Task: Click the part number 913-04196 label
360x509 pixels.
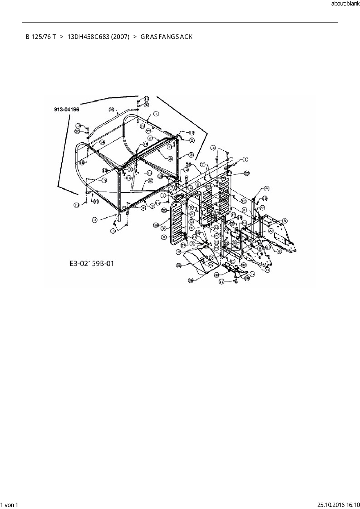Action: (66, 109)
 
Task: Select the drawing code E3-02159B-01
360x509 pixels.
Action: (92, 263)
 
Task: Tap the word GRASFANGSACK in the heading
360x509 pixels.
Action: (166, 37)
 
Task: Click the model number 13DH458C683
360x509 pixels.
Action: (88, 37)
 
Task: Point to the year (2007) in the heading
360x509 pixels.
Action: (120, 37)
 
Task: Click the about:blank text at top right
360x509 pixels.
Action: (345, 4)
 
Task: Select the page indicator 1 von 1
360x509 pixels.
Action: (10, 505)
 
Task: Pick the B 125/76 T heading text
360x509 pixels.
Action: (41, 37)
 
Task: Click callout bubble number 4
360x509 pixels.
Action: (267, 189)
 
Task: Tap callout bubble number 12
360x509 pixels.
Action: (179, 252)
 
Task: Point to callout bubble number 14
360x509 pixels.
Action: (260, 253)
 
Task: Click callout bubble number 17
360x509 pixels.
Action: (252, 274)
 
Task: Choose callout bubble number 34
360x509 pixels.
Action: (102, 142)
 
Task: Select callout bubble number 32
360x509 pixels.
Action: (243, 265)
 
